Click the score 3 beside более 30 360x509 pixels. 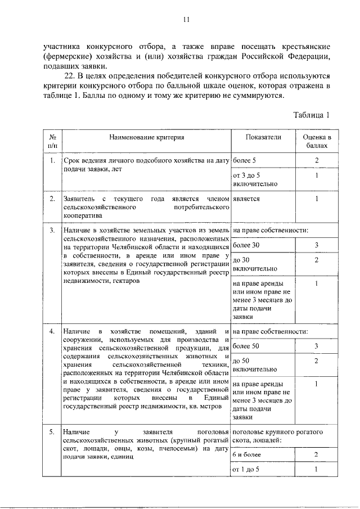tap(317, 246)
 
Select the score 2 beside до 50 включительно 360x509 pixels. tap(317, 361)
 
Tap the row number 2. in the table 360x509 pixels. tap(51, 199)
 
